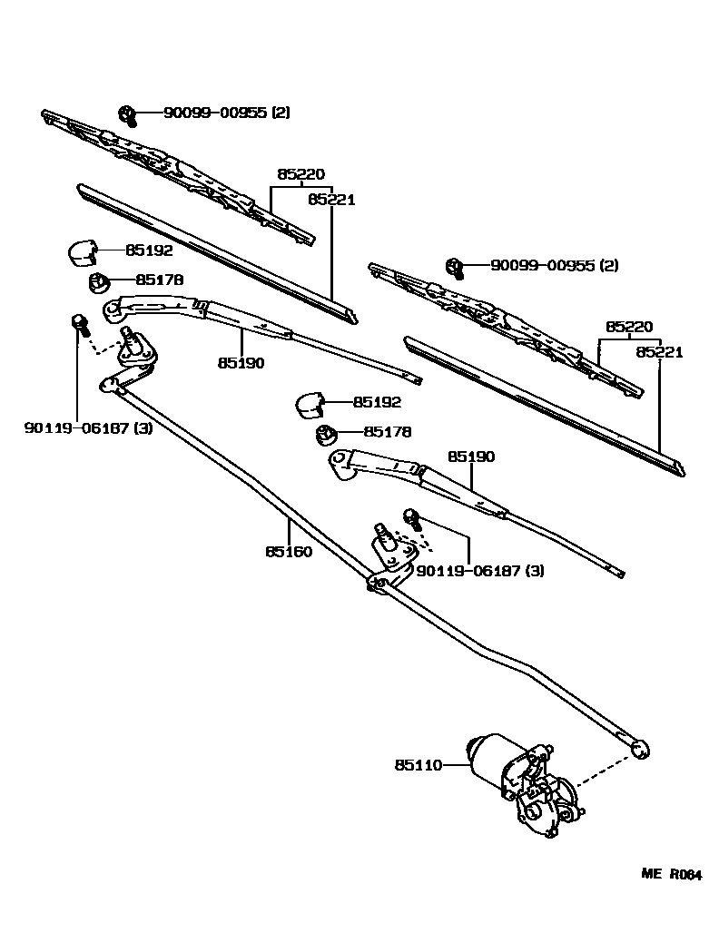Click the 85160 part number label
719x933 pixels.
[289, 551]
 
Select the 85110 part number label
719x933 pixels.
[418, 765]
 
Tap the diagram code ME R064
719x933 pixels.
[671, 875]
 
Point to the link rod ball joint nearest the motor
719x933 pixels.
[640, 748]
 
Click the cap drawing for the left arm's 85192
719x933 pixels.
[84, 250]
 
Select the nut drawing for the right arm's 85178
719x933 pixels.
[325, 436]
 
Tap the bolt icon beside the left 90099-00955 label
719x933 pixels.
[127, 114]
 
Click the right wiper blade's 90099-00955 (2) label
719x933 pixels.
[554, 266]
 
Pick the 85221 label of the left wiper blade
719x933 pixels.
[330, 199]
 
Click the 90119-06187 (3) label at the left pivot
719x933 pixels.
[88, 427]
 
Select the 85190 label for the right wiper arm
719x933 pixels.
[470, 457]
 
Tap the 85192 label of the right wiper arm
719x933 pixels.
[377, 402]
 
